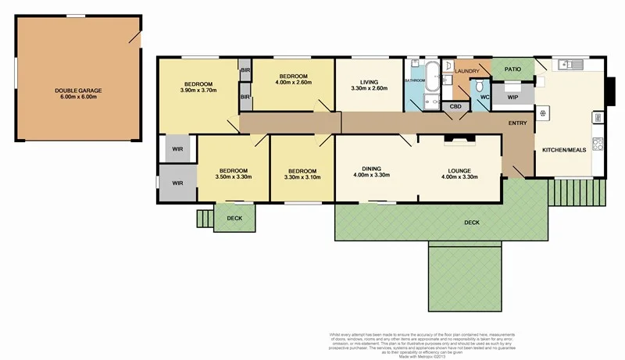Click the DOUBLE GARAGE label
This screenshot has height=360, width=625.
[78, 91]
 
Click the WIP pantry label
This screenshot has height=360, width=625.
[512, 98]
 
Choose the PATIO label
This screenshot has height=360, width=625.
[512, 69]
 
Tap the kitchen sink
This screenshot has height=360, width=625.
[569, 64]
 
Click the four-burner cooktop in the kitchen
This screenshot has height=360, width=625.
[598, 143]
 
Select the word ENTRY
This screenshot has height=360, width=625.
[517, 123]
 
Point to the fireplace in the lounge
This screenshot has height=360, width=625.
[459, 141]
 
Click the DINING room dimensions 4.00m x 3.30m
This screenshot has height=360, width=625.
[370, 175]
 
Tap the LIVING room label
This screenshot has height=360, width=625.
[369, 82]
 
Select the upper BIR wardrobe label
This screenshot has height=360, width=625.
[245, 70]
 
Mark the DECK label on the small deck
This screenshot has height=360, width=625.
[234, 219]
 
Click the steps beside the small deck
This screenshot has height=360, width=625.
[205, 218]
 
